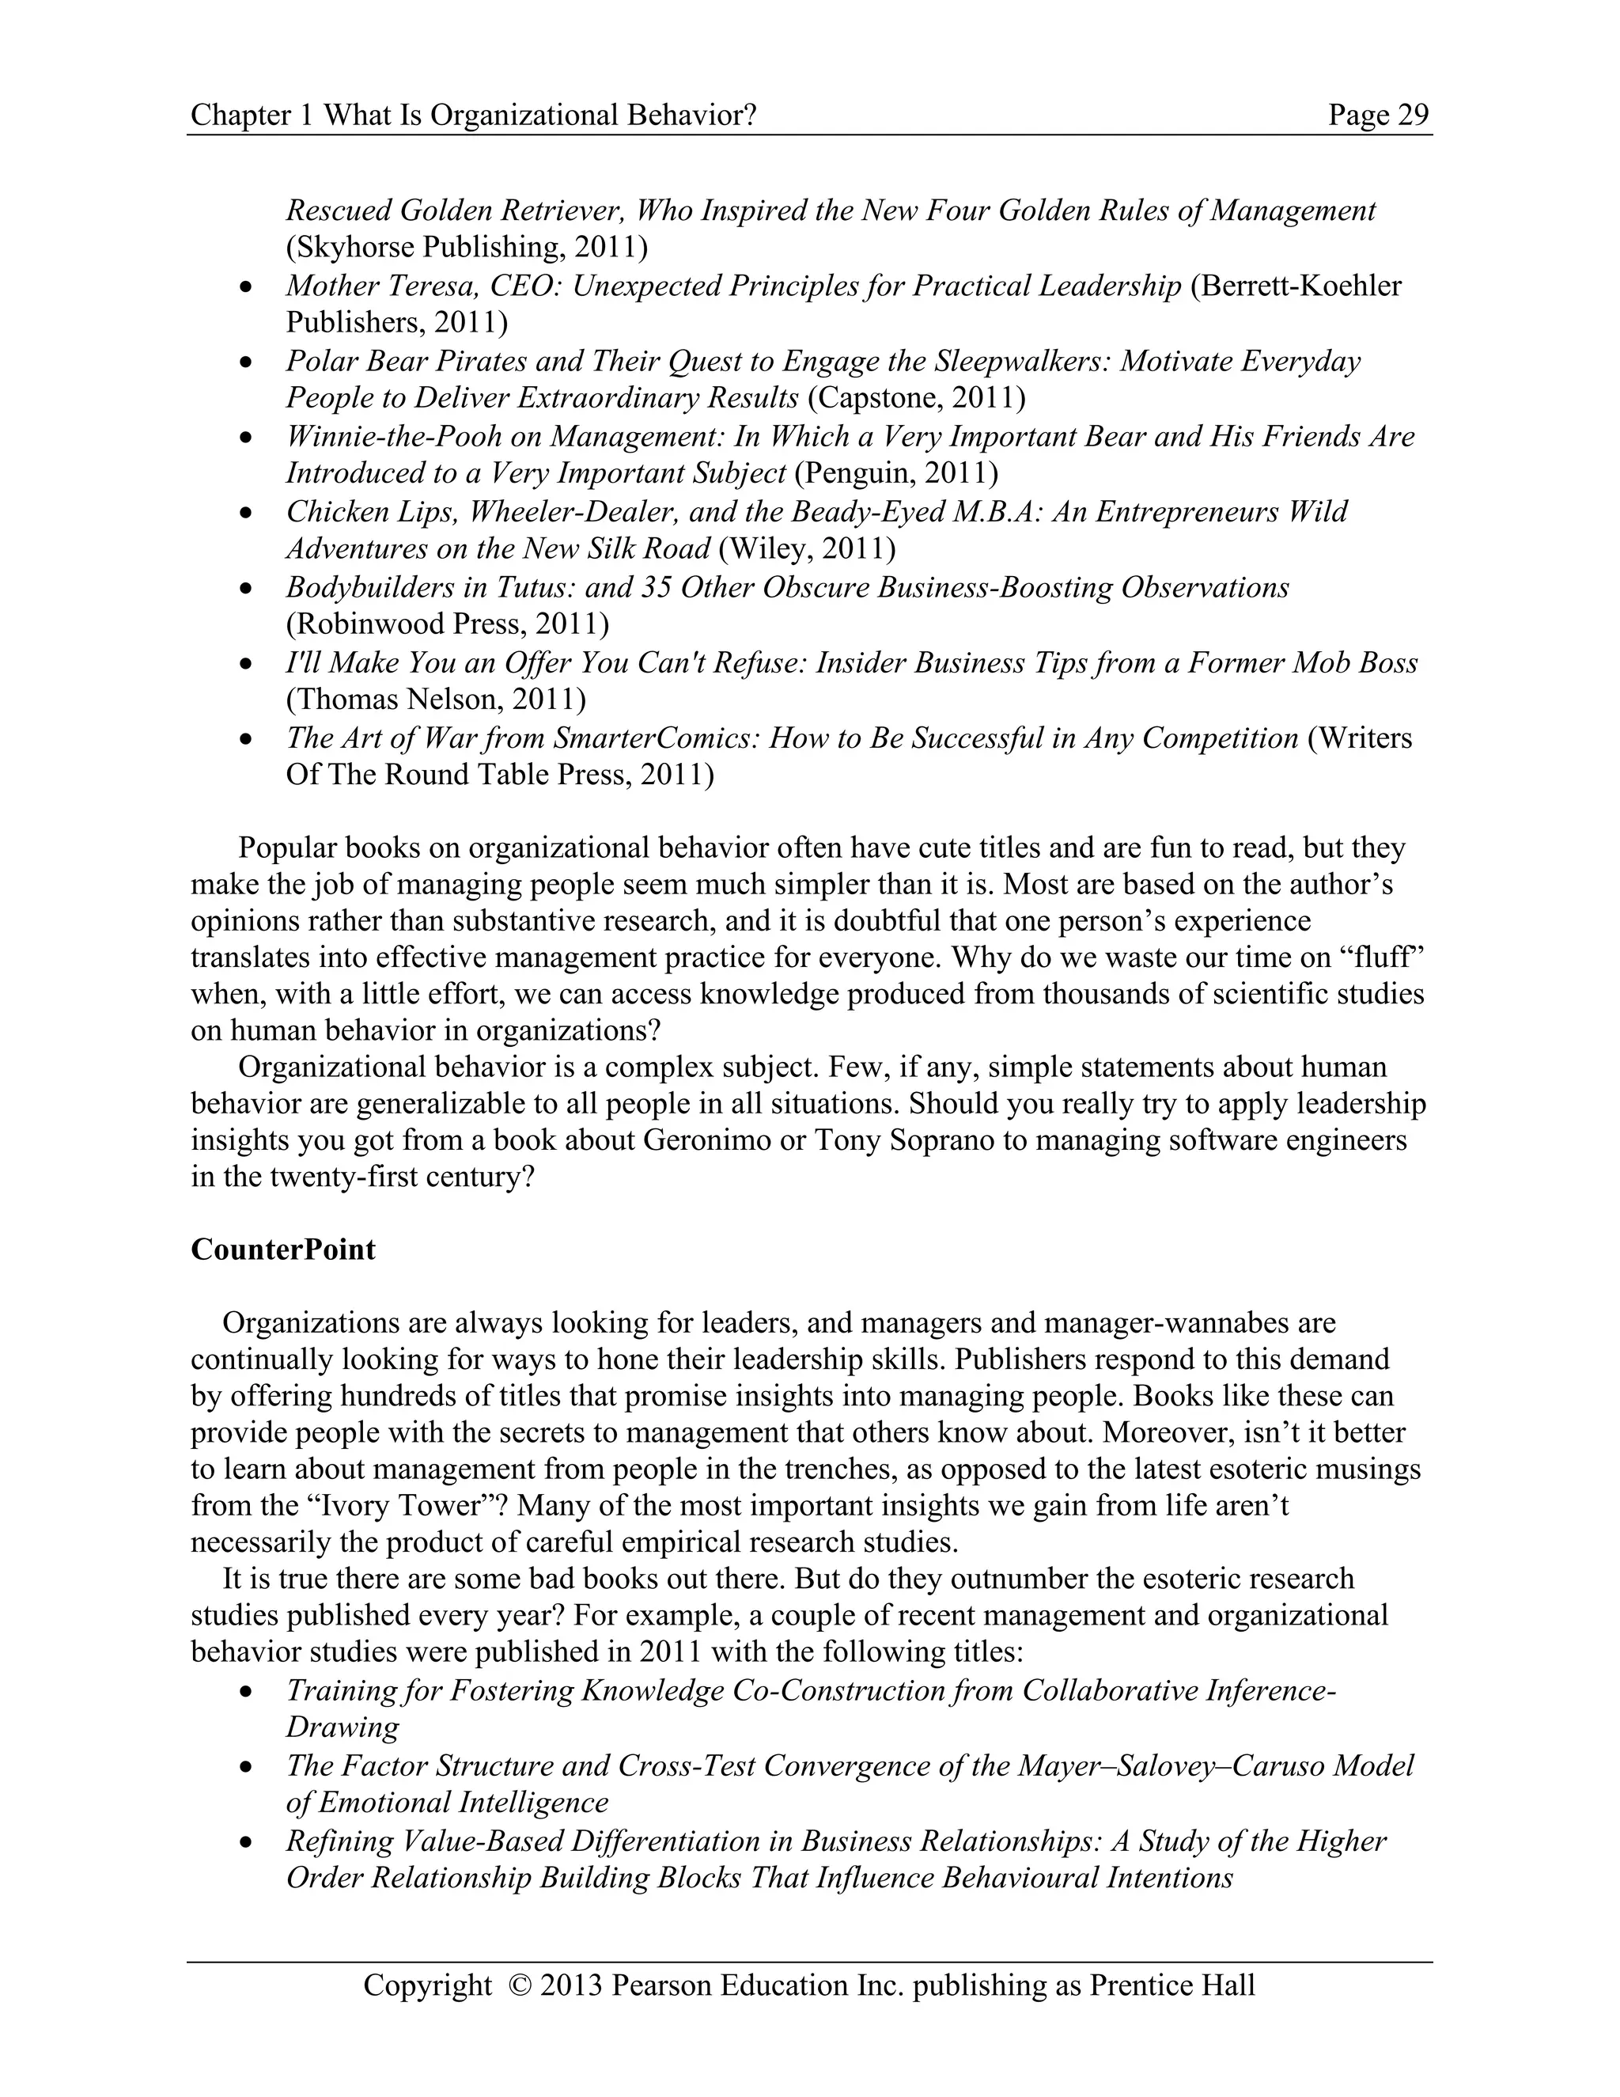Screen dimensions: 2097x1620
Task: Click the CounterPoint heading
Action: click(x=283, y=1249)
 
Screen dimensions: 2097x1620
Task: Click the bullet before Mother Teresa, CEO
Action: click(x=247, y=287)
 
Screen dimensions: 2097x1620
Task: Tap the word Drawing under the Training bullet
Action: click(x=342, y=1727)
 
